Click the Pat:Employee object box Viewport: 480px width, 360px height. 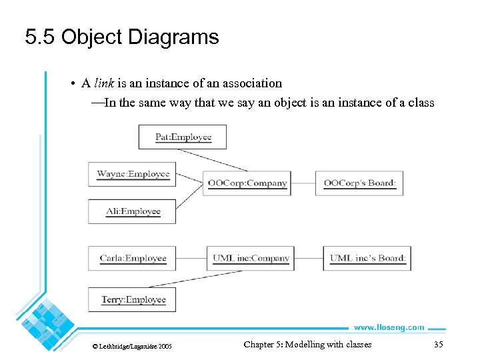coord(183,137)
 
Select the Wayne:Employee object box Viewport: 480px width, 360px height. coord(133,174)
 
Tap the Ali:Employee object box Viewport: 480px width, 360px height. coord(133,211)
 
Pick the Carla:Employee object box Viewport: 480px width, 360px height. coord(133,258)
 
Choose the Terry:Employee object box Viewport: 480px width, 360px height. coord(133,299)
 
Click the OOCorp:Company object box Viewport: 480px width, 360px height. coord(247,183)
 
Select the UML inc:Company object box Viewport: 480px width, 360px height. coord(251,258)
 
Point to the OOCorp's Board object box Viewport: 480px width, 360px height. coord(359,183)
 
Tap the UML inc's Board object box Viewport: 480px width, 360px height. coord(367,258)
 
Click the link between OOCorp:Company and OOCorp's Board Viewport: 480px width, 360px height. coord(303,183)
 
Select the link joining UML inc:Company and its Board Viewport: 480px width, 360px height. coord(309,258)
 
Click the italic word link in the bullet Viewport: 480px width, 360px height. coord(103,83)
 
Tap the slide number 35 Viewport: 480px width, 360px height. coord(438,345)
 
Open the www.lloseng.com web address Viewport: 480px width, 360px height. coord(389,327)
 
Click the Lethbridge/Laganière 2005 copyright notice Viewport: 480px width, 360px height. coord(131,346)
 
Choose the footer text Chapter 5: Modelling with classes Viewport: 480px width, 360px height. coord(307,345)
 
